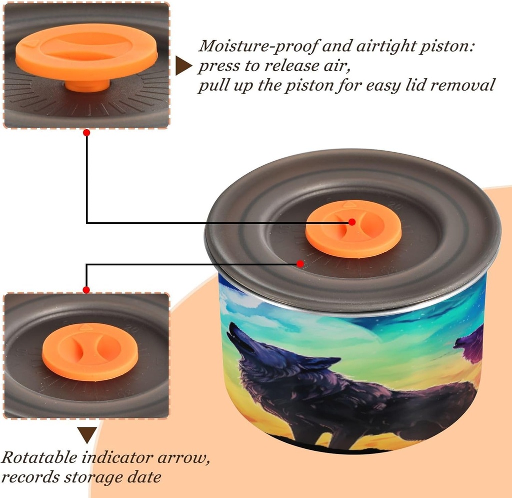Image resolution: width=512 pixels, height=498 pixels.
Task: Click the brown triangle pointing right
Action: click(183, 66)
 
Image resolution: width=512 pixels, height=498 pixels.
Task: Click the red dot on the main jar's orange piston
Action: click(351, 222)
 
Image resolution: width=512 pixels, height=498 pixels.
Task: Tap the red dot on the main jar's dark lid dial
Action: click(300, 263)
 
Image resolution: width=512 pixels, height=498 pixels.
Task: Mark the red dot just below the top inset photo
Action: click(86, 133)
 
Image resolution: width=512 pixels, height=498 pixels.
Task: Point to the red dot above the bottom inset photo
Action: click(86, 290)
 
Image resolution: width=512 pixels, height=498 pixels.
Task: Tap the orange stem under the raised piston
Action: click(87, 86)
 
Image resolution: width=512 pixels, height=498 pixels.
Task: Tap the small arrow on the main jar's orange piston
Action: click(349, 205)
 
